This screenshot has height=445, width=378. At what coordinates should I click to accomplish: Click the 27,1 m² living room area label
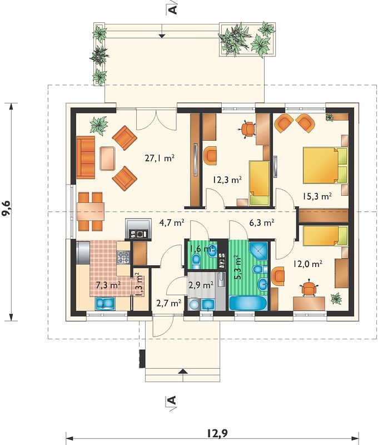(160, 158)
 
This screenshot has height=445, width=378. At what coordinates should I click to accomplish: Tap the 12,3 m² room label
(227, 180)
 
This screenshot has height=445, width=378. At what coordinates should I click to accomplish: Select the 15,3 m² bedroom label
(317, 196)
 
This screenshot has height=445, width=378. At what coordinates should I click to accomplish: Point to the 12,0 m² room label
(307, 264)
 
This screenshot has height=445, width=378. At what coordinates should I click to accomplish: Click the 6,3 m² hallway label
(261, 223)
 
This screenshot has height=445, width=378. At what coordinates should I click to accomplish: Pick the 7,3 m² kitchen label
(108, 285)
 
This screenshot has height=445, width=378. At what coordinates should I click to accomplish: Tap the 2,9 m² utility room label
(201, 285)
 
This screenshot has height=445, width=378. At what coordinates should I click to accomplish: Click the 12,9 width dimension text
(217, 433)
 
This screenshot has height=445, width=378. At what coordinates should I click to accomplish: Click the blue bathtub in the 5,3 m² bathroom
(248, 303)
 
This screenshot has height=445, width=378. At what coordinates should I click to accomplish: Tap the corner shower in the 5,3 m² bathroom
(258, 251)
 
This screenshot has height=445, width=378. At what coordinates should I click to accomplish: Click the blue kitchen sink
(105, 303)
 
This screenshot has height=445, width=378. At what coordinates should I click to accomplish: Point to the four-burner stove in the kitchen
(123, 258)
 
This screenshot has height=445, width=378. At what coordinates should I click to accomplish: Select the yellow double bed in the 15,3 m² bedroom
(325, 165)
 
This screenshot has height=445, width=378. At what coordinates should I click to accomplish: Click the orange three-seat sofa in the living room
(86, 157)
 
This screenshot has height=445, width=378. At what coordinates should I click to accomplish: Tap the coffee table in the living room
(107, 158)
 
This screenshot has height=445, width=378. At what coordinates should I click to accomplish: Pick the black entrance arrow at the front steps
(183, 371)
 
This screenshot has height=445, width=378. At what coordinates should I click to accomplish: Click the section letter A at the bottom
(172, 399)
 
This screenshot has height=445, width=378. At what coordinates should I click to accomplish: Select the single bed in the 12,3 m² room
(259, 182)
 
